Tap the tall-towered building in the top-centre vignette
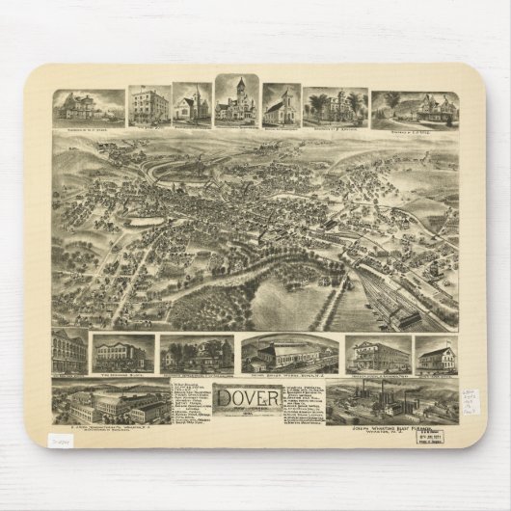coord(236,98)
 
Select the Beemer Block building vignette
coord(123,353)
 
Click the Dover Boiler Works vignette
coord(288,354)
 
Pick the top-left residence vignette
coord(89,108)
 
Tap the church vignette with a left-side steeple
coord(192,108)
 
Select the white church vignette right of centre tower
coord(282,107)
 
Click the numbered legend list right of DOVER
coord(305,400)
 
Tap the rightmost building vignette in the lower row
coord(437,355)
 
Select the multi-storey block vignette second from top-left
coord(149,107)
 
